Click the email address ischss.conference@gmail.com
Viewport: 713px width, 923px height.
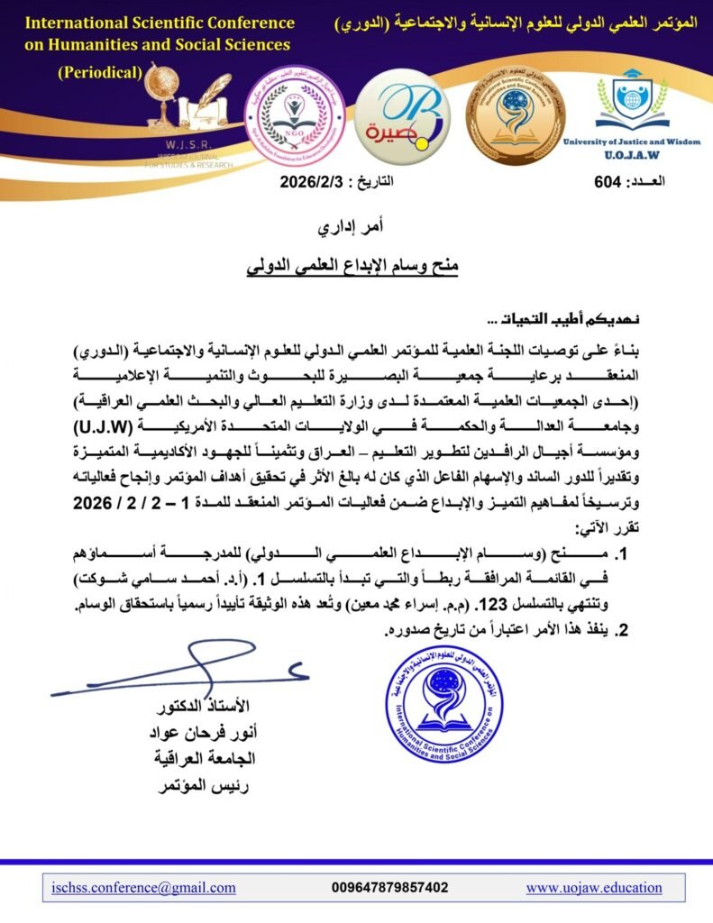pos(143,888)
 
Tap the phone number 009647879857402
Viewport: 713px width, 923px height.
pos(390,888)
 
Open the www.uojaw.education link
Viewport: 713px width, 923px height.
pos(594,888)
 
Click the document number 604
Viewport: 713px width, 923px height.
pos(609,182)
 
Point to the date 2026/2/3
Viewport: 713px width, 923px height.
pos(311,182)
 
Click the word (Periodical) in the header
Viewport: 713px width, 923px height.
pos(100,73)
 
